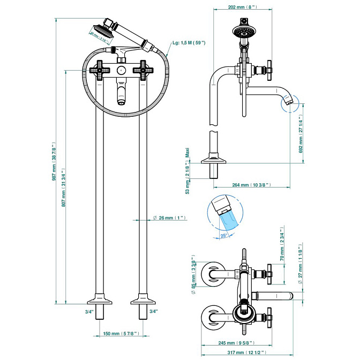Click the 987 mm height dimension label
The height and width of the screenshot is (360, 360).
[x=54, y=164]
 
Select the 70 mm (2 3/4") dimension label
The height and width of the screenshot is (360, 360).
[x=282, y=249]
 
